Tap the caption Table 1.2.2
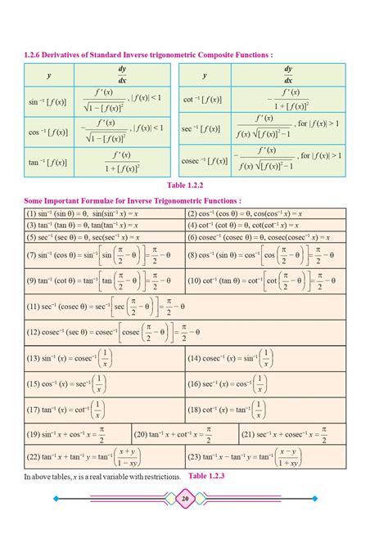[193, 185]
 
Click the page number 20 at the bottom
[185, 499]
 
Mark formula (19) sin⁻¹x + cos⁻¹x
[77, 433]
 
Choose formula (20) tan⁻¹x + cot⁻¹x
[183, 433]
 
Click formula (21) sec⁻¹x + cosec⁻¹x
[291, 433]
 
